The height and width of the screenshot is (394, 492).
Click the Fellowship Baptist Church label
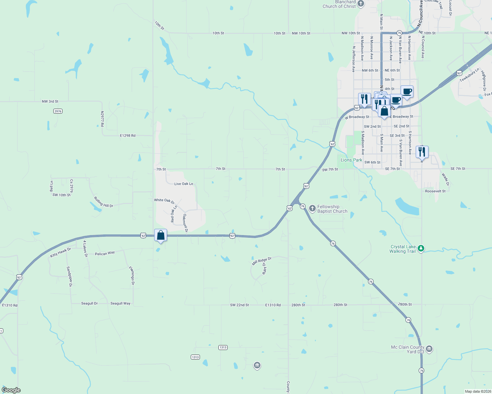pyautogui.click(x=332, y=209)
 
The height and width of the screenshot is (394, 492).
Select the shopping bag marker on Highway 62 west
pyautogui.click(x=160, y=235)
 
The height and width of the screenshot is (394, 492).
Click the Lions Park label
pyautogui.click(x=351, y=160)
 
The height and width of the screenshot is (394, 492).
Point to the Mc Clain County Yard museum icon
pyautogui.click(x=429, y=349)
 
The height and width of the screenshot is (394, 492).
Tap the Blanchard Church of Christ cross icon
pyautogui.click(x=361, y=4)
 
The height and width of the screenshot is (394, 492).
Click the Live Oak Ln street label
pyautogui.click(x=184, y=184)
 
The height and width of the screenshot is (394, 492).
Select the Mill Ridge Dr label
pyautogui.click(x=262, y=261)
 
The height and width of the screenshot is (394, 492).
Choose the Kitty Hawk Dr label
pyautogui.click(x=61, y=252)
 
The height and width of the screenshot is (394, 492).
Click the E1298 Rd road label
pyautogui.click(x=128, y=136)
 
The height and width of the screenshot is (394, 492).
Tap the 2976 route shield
pyautogui.click(x=58, y=111)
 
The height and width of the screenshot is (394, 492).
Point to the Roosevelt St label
pyautogui.click(x=435, y=191)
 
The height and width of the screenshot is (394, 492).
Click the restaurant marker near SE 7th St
pyautogui.click(x=422, y=152)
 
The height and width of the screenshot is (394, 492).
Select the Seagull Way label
pyautogui.click(x=120, y=303)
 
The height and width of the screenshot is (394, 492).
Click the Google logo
pyautogui.click(x=11, y=390)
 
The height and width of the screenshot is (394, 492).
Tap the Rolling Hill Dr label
pyautogui.click(x=103, y=202)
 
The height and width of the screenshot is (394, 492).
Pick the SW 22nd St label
pyautogui.click(x=239, y=305)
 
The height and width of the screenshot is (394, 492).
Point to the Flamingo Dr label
pyautogui.click(x=132, y=275)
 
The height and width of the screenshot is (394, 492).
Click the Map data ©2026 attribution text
pyautogui.click(x=478, y=391)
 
